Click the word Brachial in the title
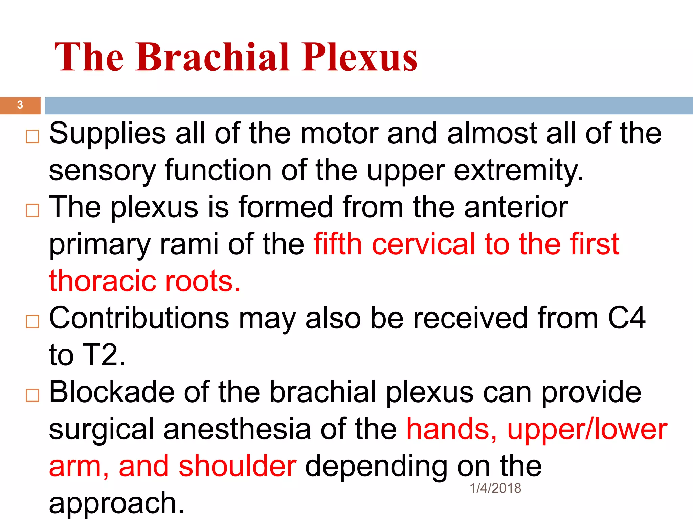coord(213,57)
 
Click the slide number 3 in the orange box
coord(20,105)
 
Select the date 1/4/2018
coord(495,488)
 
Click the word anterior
coord(516,207)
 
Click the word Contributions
coord(139,318)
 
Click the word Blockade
coord(112,392)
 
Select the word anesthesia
coord(237,429)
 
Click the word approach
coord(116,503)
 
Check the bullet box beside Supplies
coord(32,136)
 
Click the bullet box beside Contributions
coord(32,321)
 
